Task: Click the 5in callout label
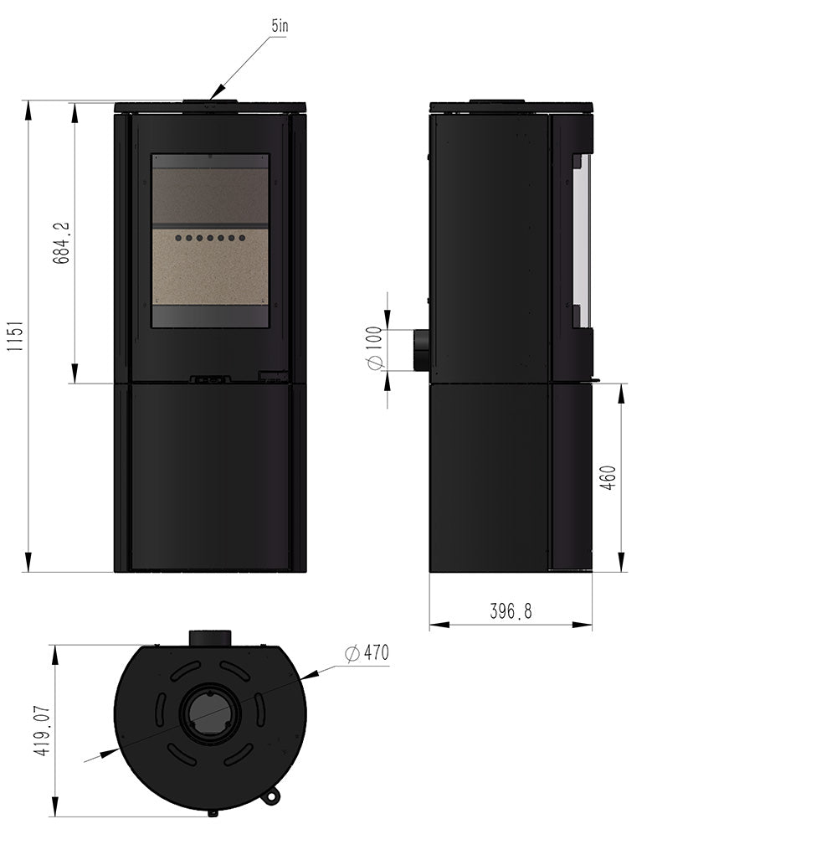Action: coord(279,26)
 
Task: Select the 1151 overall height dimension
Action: coord(14,337)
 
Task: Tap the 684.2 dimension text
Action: coord(61,243)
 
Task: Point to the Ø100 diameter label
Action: coord(374,348)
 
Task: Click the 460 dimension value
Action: coord(608,477)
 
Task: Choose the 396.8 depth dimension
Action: coord(511,612)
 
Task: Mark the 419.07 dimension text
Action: coord(42,731)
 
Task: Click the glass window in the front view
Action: coord(210,240)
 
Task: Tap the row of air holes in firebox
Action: coord(210,239)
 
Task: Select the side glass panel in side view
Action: coord(582,241)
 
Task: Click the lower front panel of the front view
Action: coord(210,477)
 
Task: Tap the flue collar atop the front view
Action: coord(210,104)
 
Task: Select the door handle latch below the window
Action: coord(210,379)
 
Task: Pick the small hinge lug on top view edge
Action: coord(269,797)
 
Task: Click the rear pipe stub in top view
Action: coord(209,638)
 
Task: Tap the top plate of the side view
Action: coord(511,107)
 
